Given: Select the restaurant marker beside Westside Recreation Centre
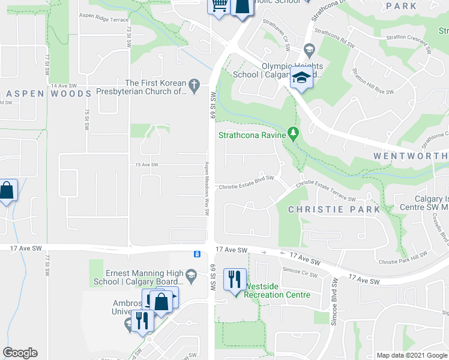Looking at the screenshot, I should pos(235,279).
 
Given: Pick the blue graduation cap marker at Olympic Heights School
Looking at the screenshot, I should pos(301,79).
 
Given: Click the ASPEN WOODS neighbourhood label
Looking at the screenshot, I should pos(48,94).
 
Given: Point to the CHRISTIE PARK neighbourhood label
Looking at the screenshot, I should pos(334,209).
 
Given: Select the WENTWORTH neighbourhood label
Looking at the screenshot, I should pos(411,155).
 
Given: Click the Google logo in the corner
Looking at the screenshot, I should pos(20,353).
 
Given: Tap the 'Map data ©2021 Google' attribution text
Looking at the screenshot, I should pos(411,355).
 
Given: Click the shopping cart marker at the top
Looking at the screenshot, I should pos(219,6).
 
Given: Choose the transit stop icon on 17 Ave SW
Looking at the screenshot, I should pos(197,254).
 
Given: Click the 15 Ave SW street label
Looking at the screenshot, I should pos(146,165).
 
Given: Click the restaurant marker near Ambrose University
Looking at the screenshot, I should pos(142,320).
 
